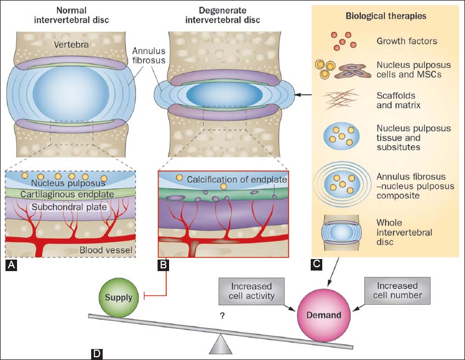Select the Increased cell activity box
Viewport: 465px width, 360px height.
coord(252,291)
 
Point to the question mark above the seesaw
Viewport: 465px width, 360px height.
coord(222,316)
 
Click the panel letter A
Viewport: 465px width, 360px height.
coord(11,266)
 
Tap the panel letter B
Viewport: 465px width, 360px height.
coord(164,266)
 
